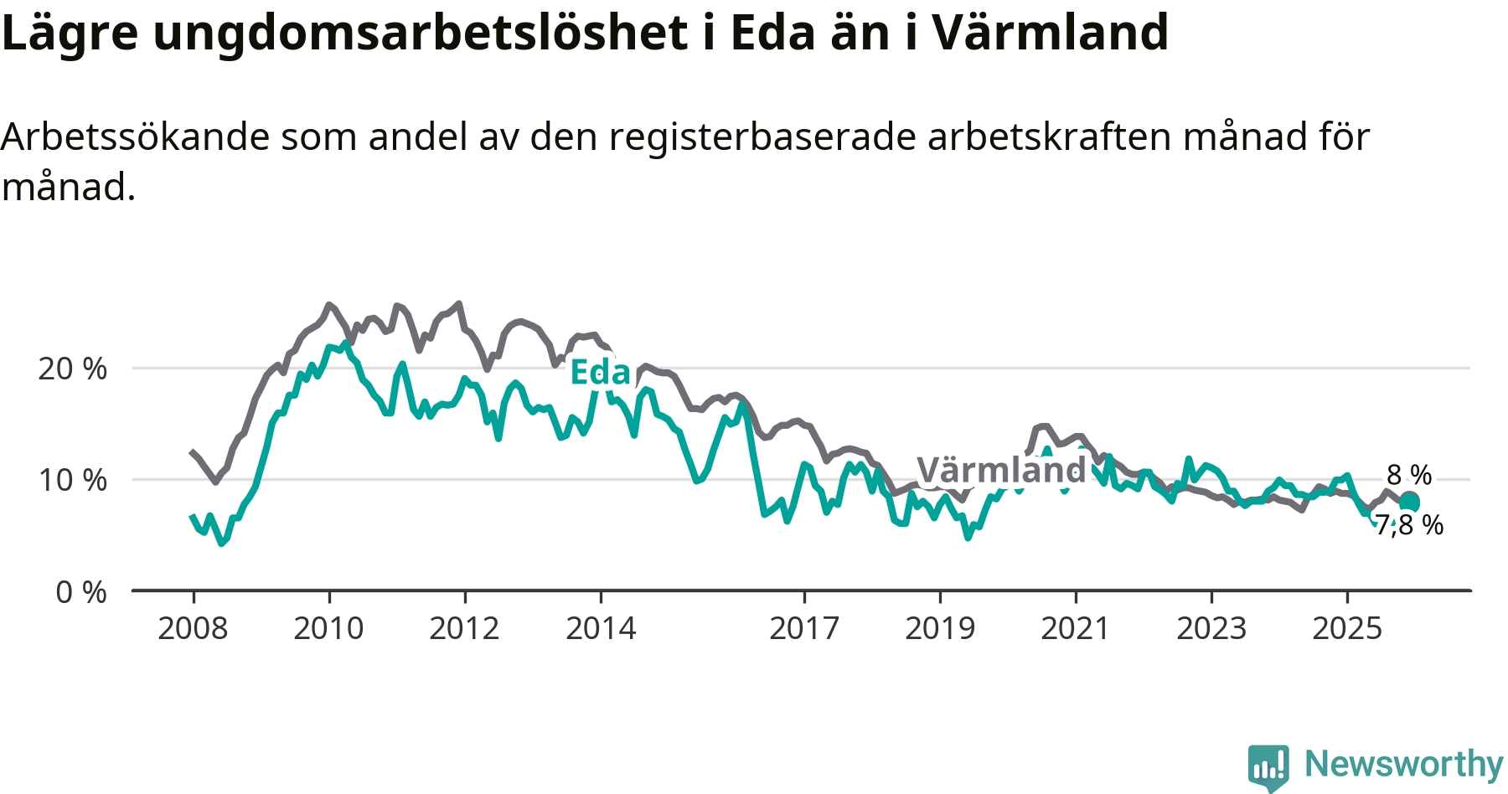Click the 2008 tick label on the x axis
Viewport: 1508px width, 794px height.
[x=193, y=628]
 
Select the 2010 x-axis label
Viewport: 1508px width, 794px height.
[x=328, y=628]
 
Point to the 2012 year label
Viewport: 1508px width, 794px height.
[x=464, y=628]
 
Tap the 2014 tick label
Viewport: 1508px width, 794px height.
[x=601, y=628]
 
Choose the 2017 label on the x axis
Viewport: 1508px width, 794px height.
[x=804, y=628]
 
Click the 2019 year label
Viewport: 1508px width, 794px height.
[x=940, y=628]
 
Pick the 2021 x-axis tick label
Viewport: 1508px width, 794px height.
[x=1076, y=628]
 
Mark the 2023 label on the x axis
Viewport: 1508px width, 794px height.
[x=1211, y=628]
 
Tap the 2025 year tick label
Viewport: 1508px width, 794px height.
[x=1347, y=628]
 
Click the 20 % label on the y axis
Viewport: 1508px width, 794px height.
[x=73, y=369]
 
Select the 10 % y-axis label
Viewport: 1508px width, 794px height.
[x=73, y=480]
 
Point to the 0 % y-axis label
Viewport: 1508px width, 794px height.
[x=81, y=592]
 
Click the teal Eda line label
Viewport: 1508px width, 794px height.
[x=600, y=373]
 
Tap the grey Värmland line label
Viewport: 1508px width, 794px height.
[x=1001, y=470]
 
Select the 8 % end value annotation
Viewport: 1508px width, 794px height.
[x=1409, y=475]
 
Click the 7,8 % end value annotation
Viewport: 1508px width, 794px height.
[x=1410, y=525]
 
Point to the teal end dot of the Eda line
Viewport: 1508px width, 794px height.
[x=1410, y=503]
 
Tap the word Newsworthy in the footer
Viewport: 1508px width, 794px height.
[x=1404, y=764]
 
